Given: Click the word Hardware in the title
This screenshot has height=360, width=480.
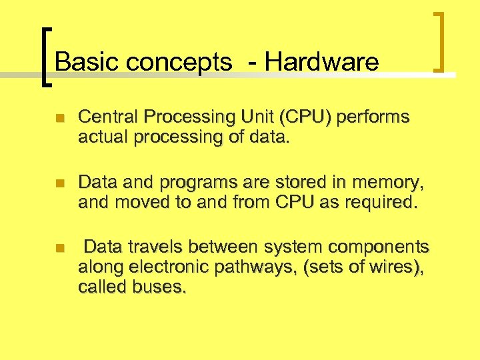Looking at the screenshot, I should coord(321,62).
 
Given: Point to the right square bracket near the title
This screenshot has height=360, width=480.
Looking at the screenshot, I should coord(440,41).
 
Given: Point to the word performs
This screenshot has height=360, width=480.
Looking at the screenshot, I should coord(373,118).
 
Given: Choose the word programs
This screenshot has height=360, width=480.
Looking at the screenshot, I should coord(188,183).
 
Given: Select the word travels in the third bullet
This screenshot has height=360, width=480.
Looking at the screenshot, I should coord(153,247).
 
